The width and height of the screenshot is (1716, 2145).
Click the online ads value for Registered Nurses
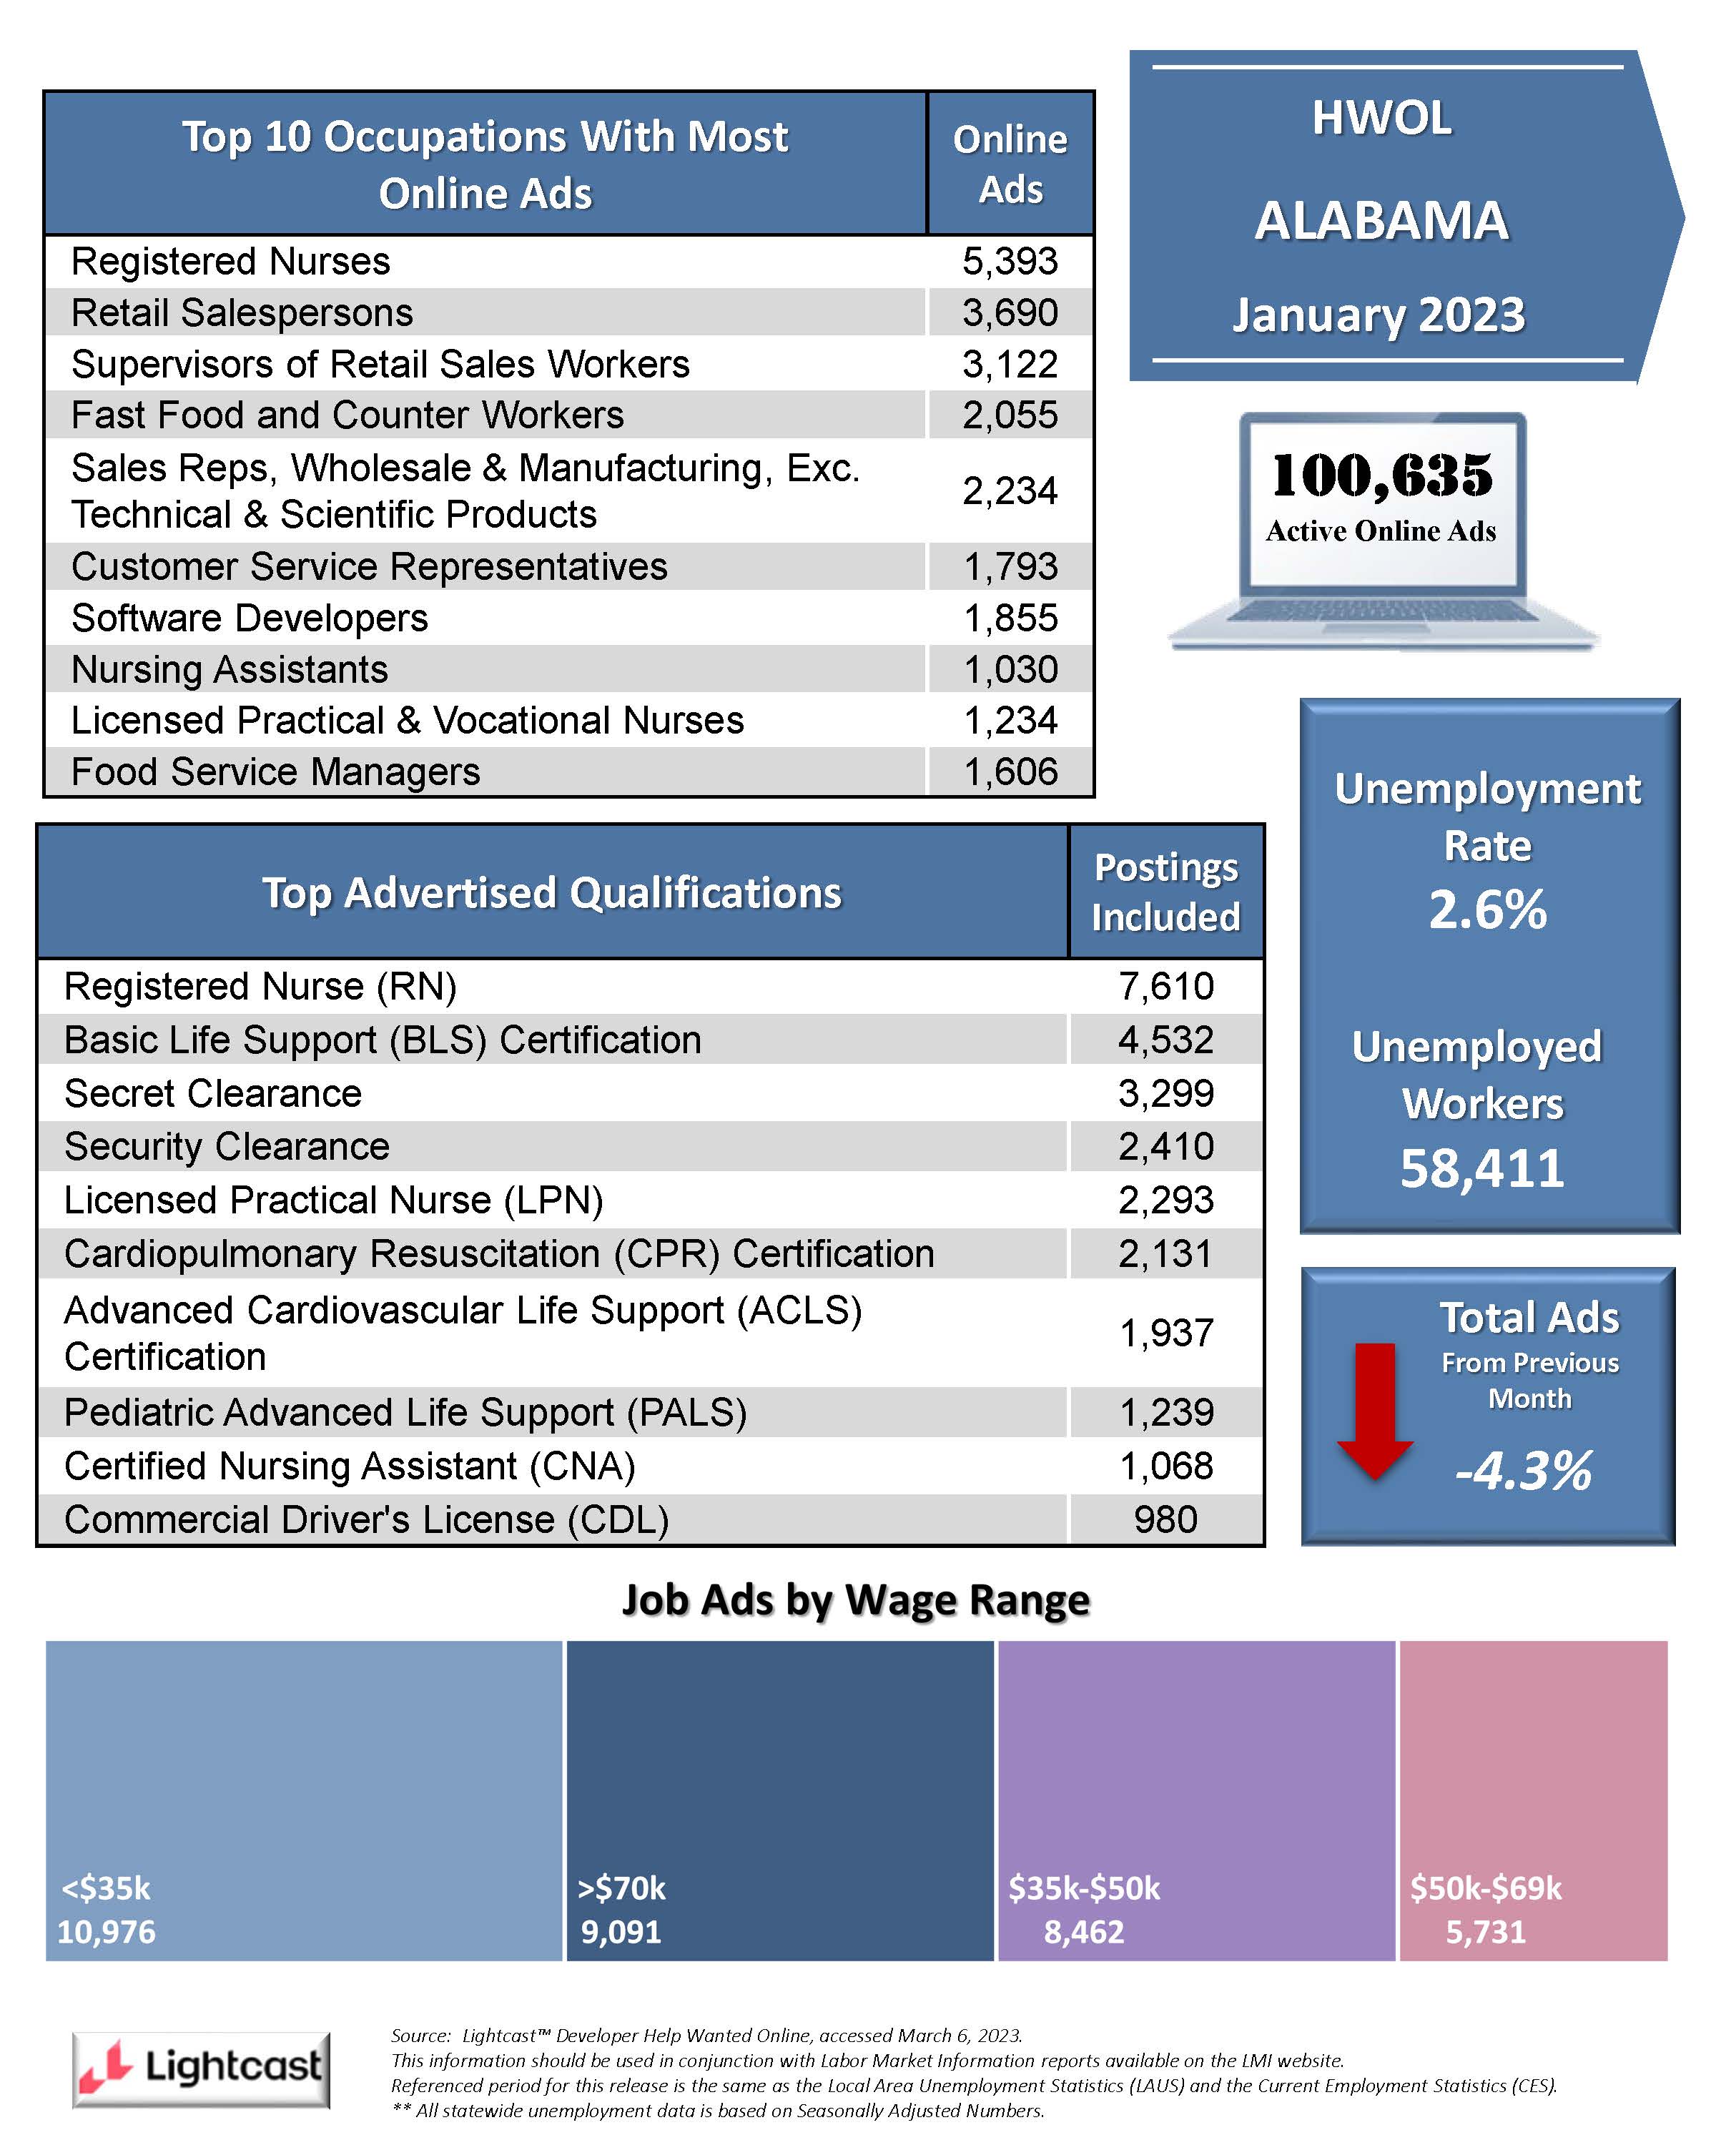1010,262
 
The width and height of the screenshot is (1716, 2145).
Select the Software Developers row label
250,618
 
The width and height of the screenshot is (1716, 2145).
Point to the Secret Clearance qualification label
213,1093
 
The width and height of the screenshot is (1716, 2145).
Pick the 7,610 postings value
1166,986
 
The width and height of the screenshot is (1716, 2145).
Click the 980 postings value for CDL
1166,1519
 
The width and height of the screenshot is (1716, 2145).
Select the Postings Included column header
1166,892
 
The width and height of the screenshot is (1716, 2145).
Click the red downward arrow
1375,1411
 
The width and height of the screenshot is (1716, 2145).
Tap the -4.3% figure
1523,1471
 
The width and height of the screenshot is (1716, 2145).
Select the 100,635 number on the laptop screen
1382,475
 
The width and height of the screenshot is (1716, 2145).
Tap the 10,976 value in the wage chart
107,1931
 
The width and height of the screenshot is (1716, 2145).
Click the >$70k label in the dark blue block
622,1888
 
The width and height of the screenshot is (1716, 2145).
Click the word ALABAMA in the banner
1382,221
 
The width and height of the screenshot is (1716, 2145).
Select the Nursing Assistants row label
230,669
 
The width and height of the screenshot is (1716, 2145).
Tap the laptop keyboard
1383,612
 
